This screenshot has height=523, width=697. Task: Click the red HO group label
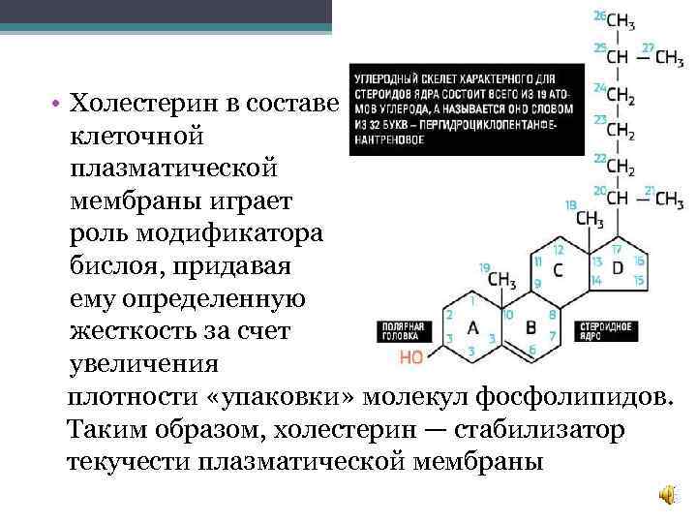pyautogui.click(x=412, y=357)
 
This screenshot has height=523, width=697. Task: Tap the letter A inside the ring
pyautogui.click(x=473, y=326)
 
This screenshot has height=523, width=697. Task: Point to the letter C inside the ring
pyautogui.click(x=558, y=270)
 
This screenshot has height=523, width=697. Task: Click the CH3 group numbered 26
pyautogui.click(x=621, y=21)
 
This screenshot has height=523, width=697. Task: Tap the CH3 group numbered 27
pyautogui.click(x=668, y=57)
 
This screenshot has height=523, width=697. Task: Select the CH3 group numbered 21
pyautogui.click(x=668, y=200)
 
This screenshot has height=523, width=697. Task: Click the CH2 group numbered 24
pyautogui.click(x=621, y=97)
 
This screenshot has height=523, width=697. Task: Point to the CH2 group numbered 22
pyautogui.click(x=621, y=167)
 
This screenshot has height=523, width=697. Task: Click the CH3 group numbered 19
pyautogui.click(x=502, y=279)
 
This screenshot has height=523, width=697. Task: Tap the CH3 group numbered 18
pyautogui.click(x=589, y=219)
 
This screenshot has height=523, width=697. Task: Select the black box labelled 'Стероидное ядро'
pyautogui.click(x=606, y=332)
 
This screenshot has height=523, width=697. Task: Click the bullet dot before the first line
pyautogui.click(x=59, y=104)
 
